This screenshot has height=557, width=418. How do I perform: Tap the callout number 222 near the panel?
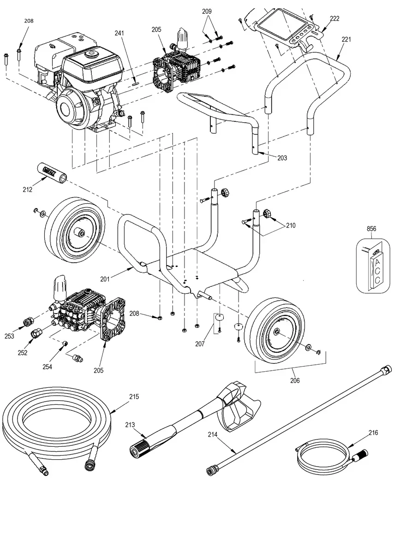[x=334, y=18]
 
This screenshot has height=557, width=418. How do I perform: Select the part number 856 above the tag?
[x=371, y=229]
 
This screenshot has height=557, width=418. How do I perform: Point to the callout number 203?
[x=282, y=158]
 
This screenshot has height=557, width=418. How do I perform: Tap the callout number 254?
[x=47, y=367]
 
